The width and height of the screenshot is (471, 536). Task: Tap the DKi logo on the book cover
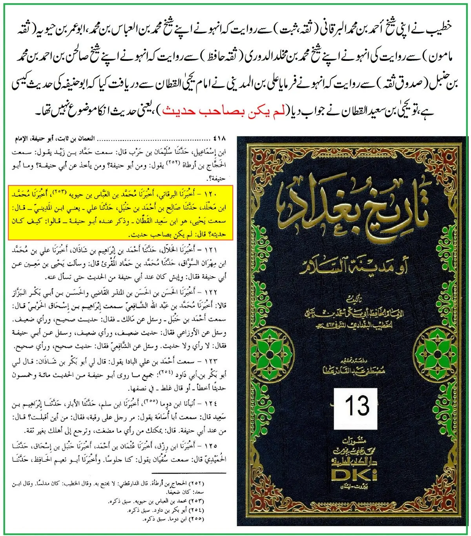pyautogui.click(x=354, y=474)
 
